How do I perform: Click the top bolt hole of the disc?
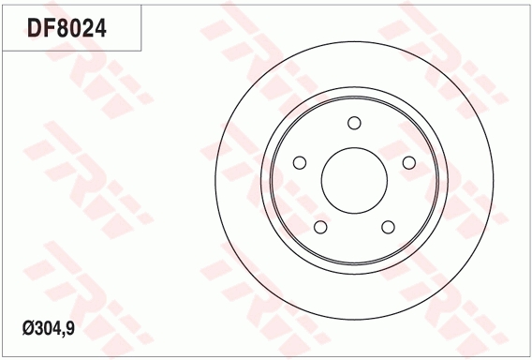tap(354, 123)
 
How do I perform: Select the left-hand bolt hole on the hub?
tap(300, 163)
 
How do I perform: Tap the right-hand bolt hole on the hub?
tap(409, 163)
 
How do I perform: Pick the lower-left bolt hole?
tap(320, 227)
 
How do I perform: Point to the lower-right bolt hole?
tap(388, 227)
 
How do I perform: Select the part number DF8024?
tap(66, 28)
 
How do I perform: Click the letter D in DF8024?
tap(34, 28)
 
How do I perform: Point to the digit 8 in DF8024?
tap(63, 28)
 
